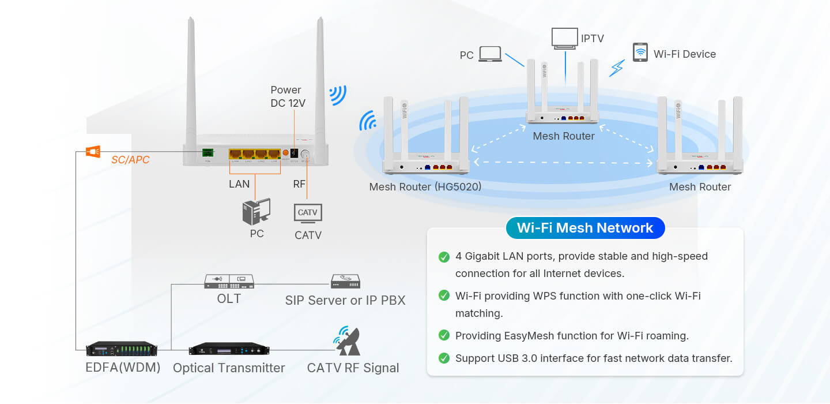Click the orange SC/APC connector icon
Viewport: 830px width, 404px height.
tap(93, 152)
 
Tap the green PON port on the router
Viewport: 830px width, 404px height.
tap(207, 153)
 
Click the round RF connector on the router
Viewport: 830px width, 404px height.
tap(305, 155)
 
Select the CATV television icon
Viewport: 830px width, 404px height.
tap(308, 213)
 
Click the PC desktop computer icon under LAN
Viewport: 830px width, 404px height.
tap(256, 212)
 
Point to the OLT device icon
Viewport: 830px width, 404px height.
tap(229, 282)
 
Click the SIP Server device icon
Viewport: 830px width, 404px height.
tap(345, 282)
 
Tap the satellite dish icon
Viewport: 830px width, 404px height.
tap(348, 342)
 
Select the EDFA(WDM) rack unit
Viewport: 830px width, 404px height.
tap(122, 349)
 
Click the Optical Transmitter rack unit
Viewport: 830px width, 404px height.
tap(229, 349)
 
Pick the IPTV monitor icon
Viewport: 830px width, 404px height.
tap(565, 38)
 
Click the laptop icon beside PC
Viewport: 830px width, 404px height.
tap(491, 54)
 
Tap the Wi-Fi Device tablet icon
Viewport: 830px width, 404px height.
tap(640, 52)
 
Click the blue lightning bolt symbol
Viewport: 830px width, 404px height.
tap(617, 68)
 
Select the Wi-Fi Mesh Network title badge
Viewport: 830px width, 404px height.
tap(585, 228)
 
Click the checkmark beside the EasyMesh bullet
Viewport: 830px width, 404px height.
tap(444, 335)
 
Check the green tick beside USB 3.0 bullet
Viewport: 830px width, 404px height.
tap(444, 358)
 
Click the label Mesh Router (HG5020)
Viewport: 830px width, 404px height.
tap(425, 187)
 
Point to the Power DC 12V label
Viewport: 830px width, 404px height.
tap(288, 96)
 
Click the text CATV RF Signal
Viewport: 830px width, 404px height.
tap(353, 368)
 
